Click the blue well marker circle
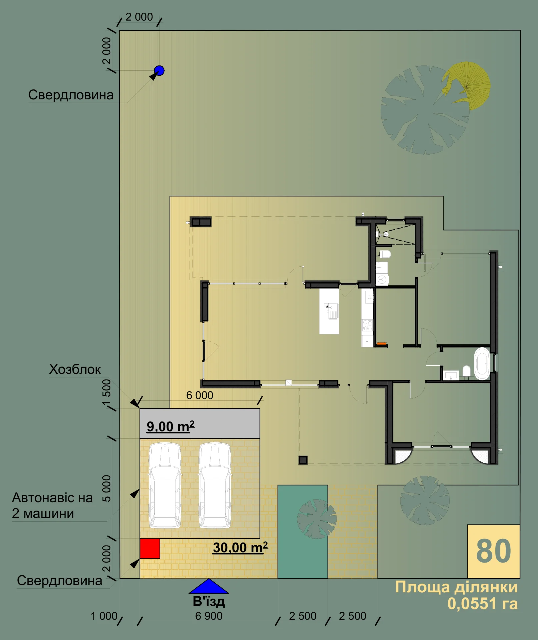[x=159, y=71]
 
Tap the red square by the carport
[x=150, y=548]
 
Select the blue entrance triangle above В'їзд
[x=209, y=586]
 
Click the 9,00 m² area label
[x=171, y=426]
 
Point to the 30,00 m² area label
[x=240, y=547]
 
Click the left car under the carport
[x=165, y=485]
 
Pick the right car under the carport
[x=215, y=485]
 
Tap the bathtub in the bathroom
[x=482, y=364]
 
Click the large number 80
[x=493, y=551]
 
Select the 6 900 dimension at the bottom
[x=209, y=616]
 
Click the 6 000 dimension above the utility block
[x=200, y=395]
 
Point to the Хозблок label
[x=75, y=369]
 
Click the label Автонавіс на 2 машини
[x=52, y=505]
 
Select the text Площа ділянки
[x=456, y=587]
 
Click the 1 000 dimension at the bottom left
[x=104, y=616]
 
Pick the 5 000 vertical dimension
[x=106, y=488]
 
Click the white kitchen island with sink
[x=329, y=311]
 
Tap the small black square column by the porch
[x=303, y=460]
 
